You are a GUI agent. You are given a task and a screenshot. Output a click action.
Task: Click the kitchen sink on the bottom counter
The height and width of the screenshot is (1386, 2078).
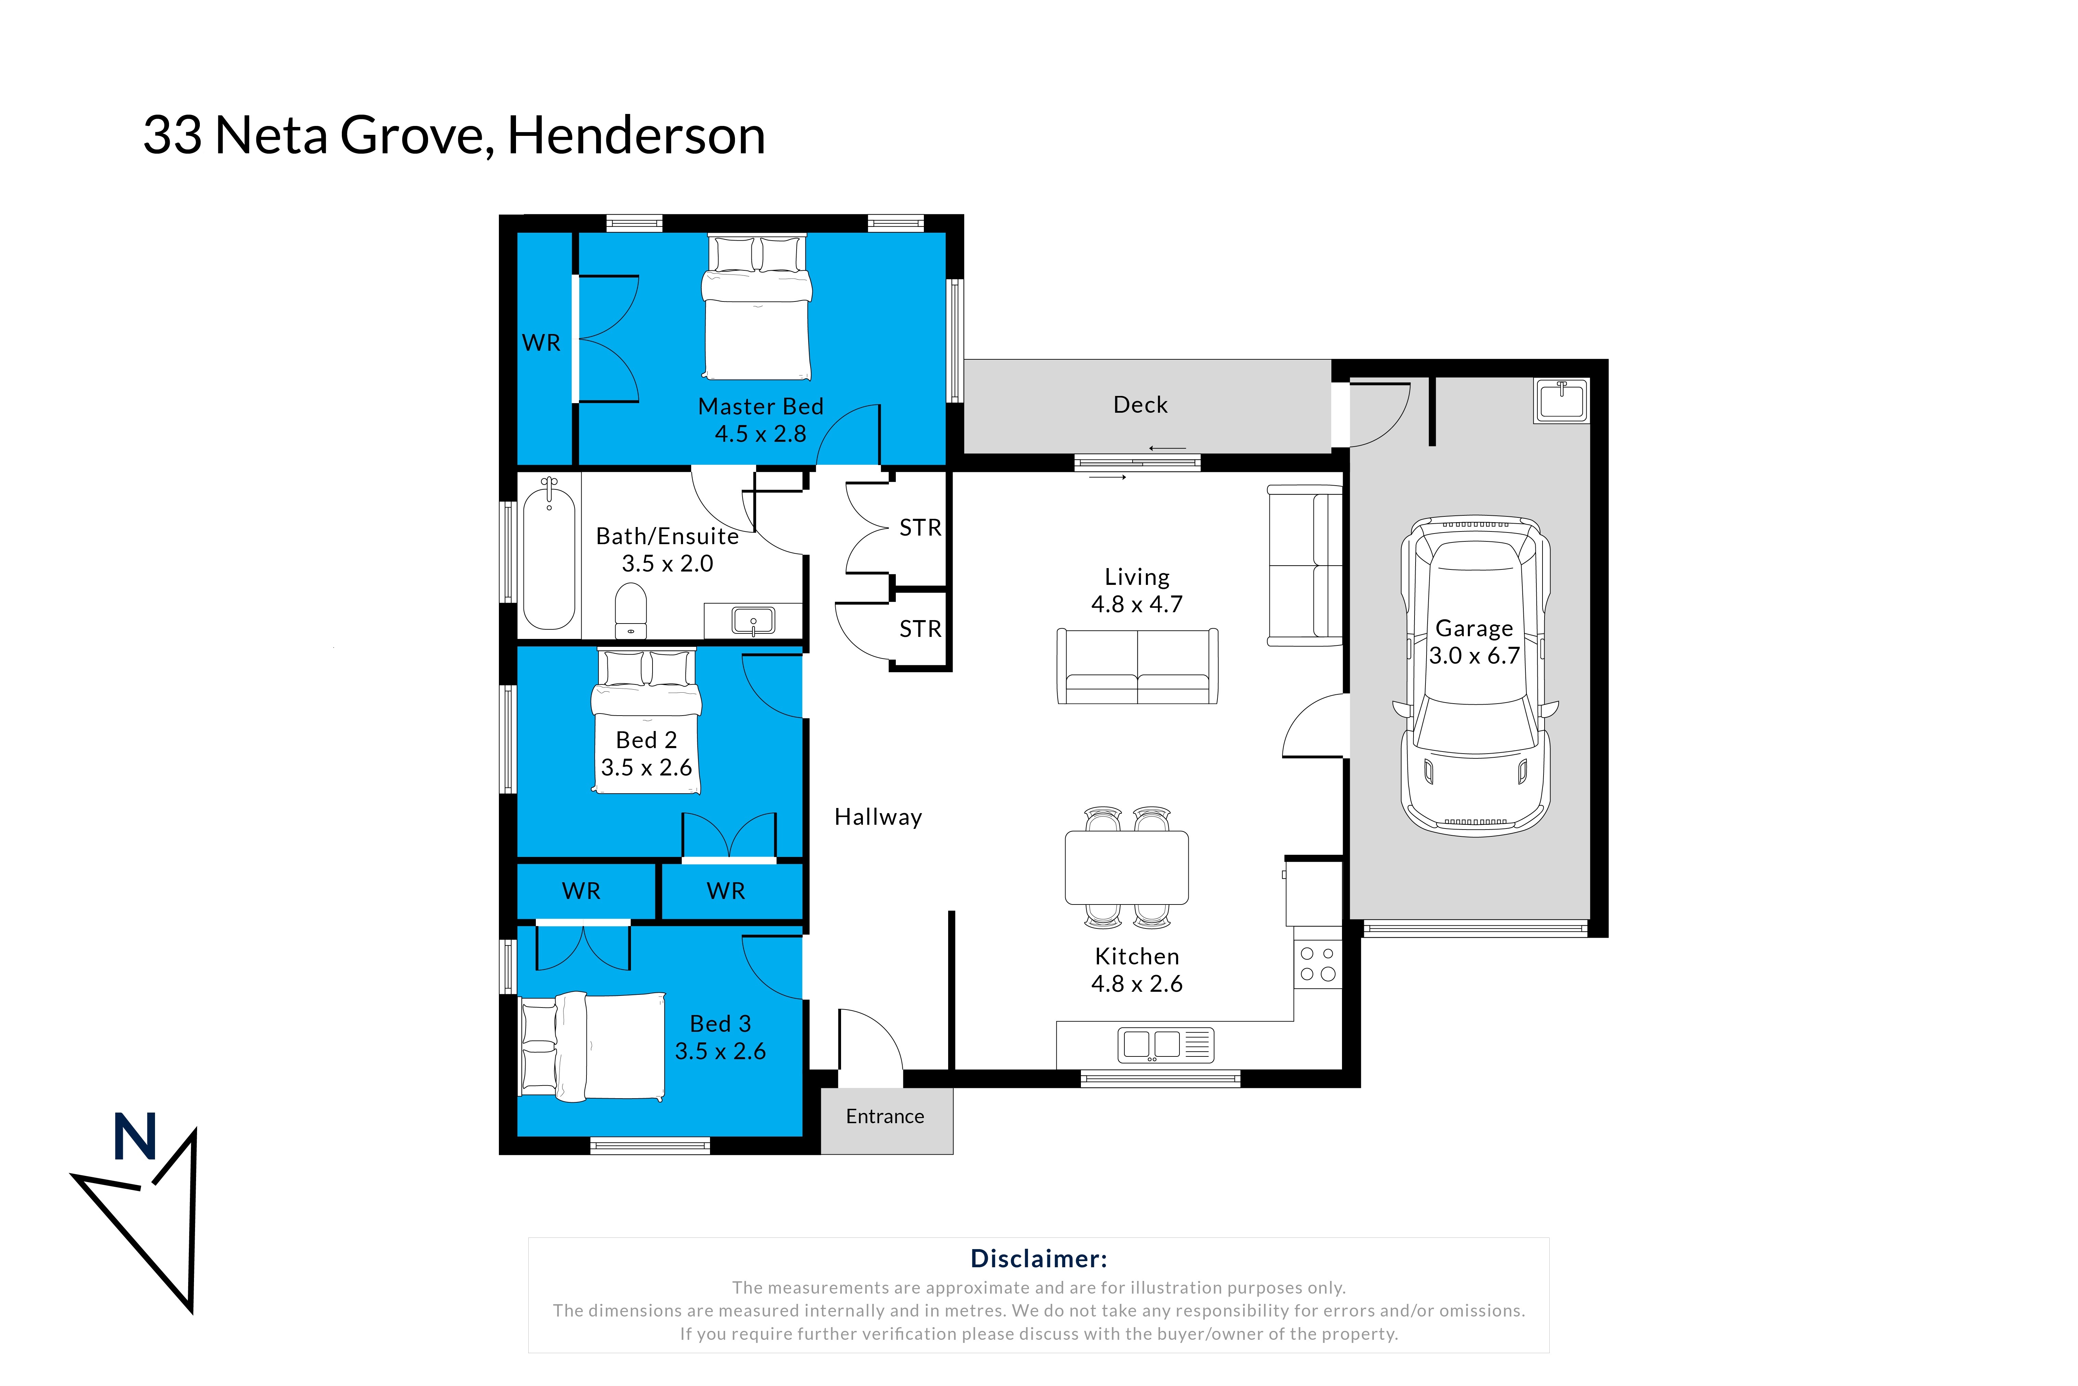1165,1045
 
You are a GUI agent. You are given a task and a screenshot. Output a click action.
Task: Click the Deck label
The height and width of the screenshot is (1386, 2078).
1140,405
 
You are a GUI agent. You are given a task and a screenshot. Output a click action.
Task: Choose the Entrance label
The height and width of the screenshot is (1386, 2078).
885,1116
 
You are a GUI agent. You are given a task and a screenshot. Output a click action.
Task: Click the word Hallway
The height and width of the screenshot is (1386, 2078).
878,817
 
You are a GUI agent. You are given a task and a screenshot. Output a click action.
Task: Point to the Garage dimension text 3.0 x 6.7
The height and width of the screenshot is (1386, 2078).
1474,656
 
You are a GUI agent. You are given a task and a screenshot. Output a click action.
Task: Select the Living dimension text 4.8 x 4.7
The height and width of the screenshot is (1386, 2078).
1137,605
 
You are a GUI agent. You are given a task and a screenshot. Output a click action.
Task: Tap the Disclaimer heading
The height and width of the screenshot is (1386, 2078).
1038,1259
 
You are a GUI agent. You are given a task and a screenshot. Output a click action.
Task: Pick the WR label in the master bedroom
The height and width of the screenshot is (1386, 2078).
541,343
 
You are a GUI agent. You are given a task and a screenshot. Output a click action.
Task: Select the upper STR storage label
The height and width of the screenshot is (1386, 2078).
920,528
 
